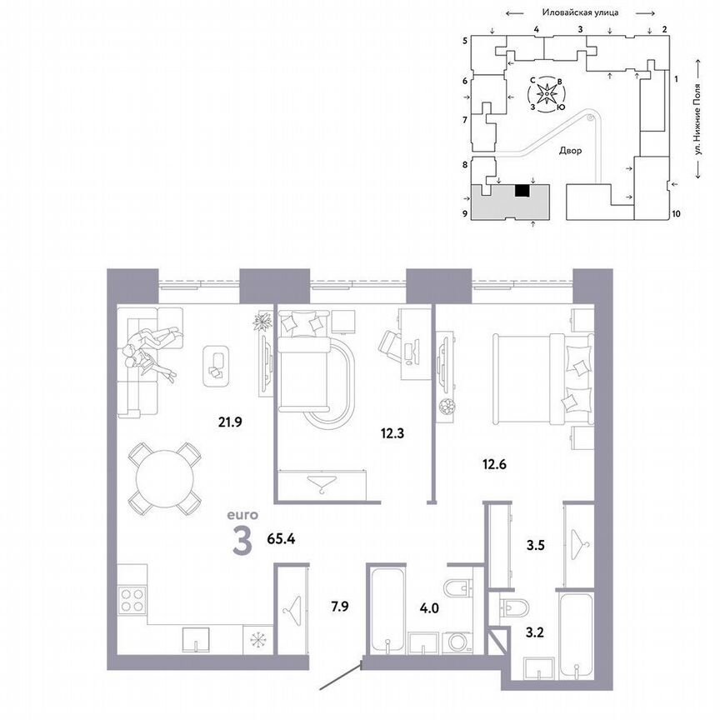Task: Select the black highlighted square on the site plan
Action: point(522,191)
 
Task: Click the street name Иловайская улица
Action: point(578,13)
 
